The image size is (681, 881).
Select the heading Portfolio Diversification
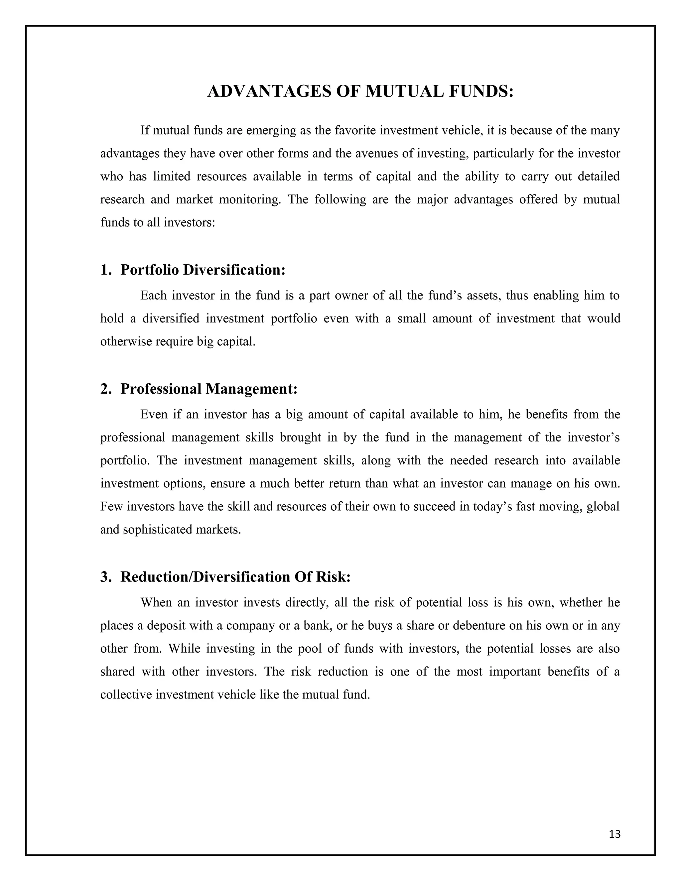[x=203, y=270]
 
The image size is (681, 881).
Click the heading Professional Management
[x=209, y=389]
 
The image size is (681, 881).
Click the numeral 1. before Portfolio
[x=105, y=270]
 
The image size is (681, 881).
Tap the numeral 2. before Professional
[x=105, y=389]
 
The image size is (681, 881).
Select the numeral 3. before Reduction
[x=105, y=577]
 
